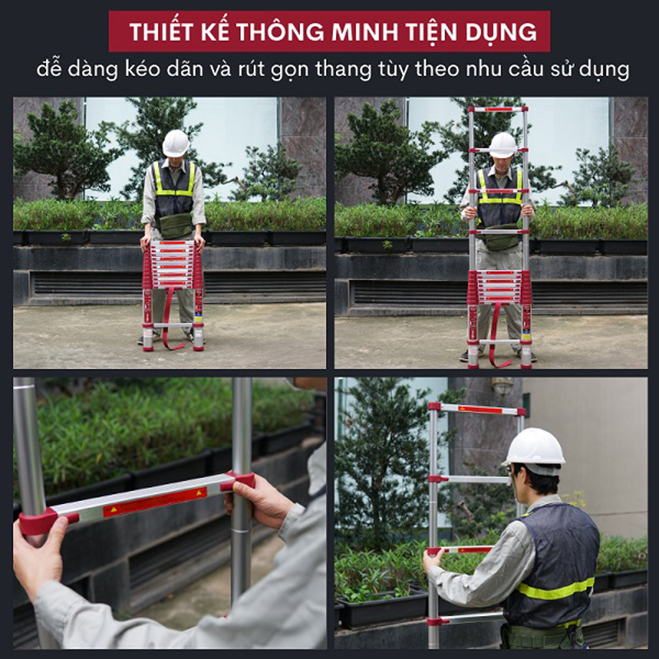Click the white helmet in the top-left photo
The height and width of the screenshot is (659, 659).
(175, 143)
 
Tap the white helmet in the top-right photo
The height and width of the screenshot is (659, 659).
(502, 144)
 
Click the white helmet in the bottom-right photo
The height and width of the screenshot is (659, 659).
(535, 447)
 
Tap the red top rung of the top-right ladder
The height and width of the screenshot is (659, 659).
(498, 109)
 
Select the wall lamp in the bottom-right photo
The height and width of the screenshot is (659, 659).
(502, 386)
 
